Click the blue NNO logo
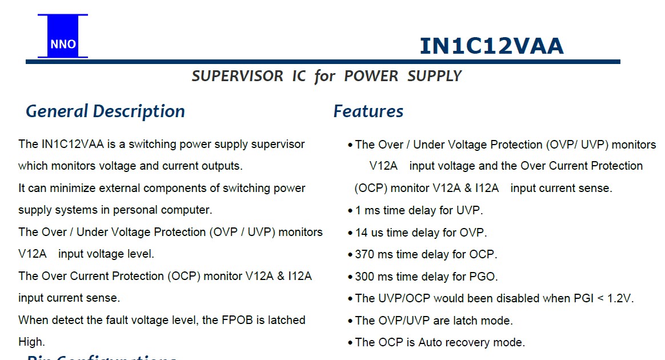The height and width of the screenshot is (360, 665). click(x=63, y=36)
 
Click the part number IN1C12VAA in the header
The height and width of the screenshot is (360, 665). click(x=491, y=46)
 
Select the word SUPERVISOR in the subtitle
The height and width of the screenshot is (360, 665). click(x=238, y=77)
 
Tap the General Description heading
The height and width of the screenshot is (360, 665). click(x=105, y=111)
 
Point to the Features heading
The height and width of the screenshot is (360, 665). click(x=368, y=111)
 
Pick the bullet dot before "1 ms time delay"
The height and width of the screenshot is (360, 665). click(x=350, y=211)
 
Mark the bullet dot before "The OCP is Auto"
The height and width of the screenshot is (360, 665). click(x=350, y=343)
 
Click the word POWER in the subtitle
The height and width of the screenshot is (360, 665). click(x=371, y=77)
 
